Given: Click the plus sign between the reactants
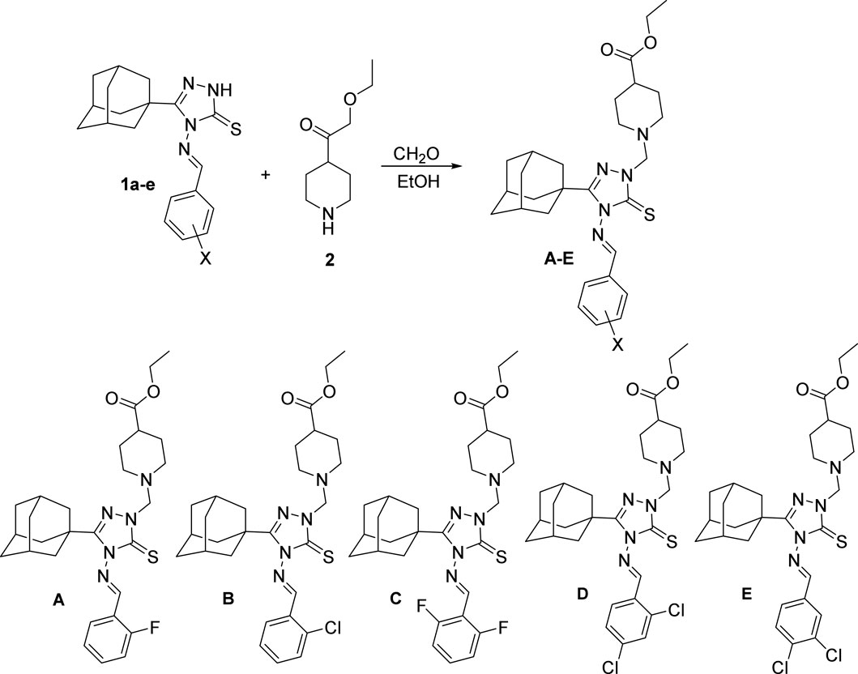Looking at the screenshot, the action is pos(267,174).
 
